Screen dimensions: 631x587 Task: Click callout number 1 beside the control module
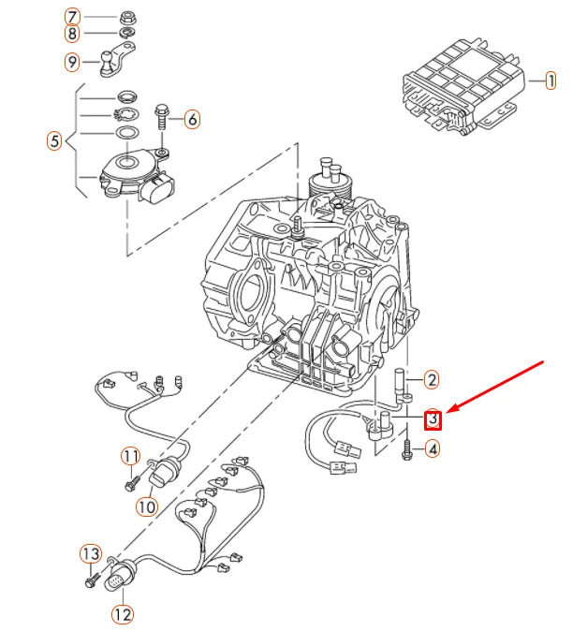coord(550,81)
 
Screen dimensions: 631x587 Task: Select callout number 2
coord(432,379)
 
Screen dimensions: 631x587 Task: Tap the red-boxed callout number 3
coord(433,418)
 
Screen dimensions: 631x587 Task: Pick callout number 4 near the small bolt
coord(432,449)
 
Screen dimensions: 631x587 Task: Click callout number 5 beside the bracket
coord(54,141)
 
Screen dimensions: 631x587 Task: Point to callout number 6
coord(192,119)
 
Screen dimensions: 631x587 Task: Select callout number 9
coord(72,63)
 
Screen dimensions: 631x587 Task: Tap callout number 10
coord(146,506)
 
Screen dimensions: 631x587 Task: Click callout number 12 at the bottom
coord(123,614)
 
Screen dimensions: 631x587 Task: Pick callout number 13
coord(90,553)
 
